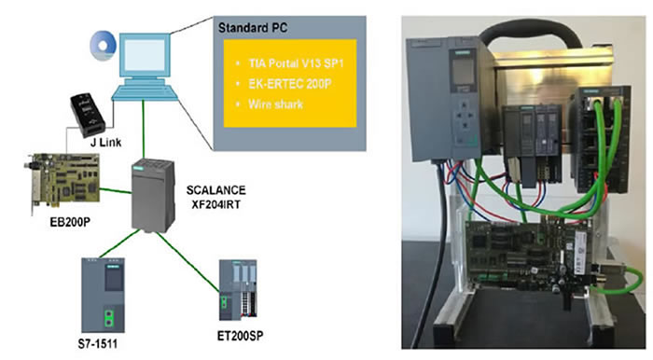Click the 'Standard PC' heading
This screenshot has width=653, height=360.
point(253,28)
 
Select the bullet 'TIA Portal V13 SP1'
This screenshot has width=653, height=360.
point(296,63)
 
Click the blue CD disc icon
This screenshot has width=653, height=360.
point(104,46)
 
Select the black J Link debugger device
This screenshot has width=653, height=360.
point(88,115)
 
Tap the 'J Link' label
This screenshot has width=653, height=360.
point(105,143)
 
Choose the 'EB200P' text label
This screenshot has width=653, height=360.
point(70,222)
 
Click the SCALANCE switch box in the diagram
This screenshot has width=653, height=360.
point(153,195)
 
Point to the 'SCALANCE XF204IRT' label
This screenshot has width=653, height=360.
point(215,198)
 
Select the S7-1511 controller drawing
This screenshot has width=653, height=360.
point(103,295)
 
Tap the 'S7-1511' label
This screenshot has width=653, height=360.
point(97,344)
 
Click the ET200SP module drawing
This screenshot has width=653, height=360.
point(238,290)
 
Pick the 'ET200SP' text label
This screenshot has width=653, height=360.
point(241,336)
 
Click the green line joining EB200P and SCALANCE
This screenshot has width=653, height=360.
point(116,190)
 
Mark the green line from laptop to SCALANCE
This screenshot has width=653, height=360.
point(144,129)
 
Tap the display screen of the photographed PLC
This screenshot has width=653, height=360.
point(464,72)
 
